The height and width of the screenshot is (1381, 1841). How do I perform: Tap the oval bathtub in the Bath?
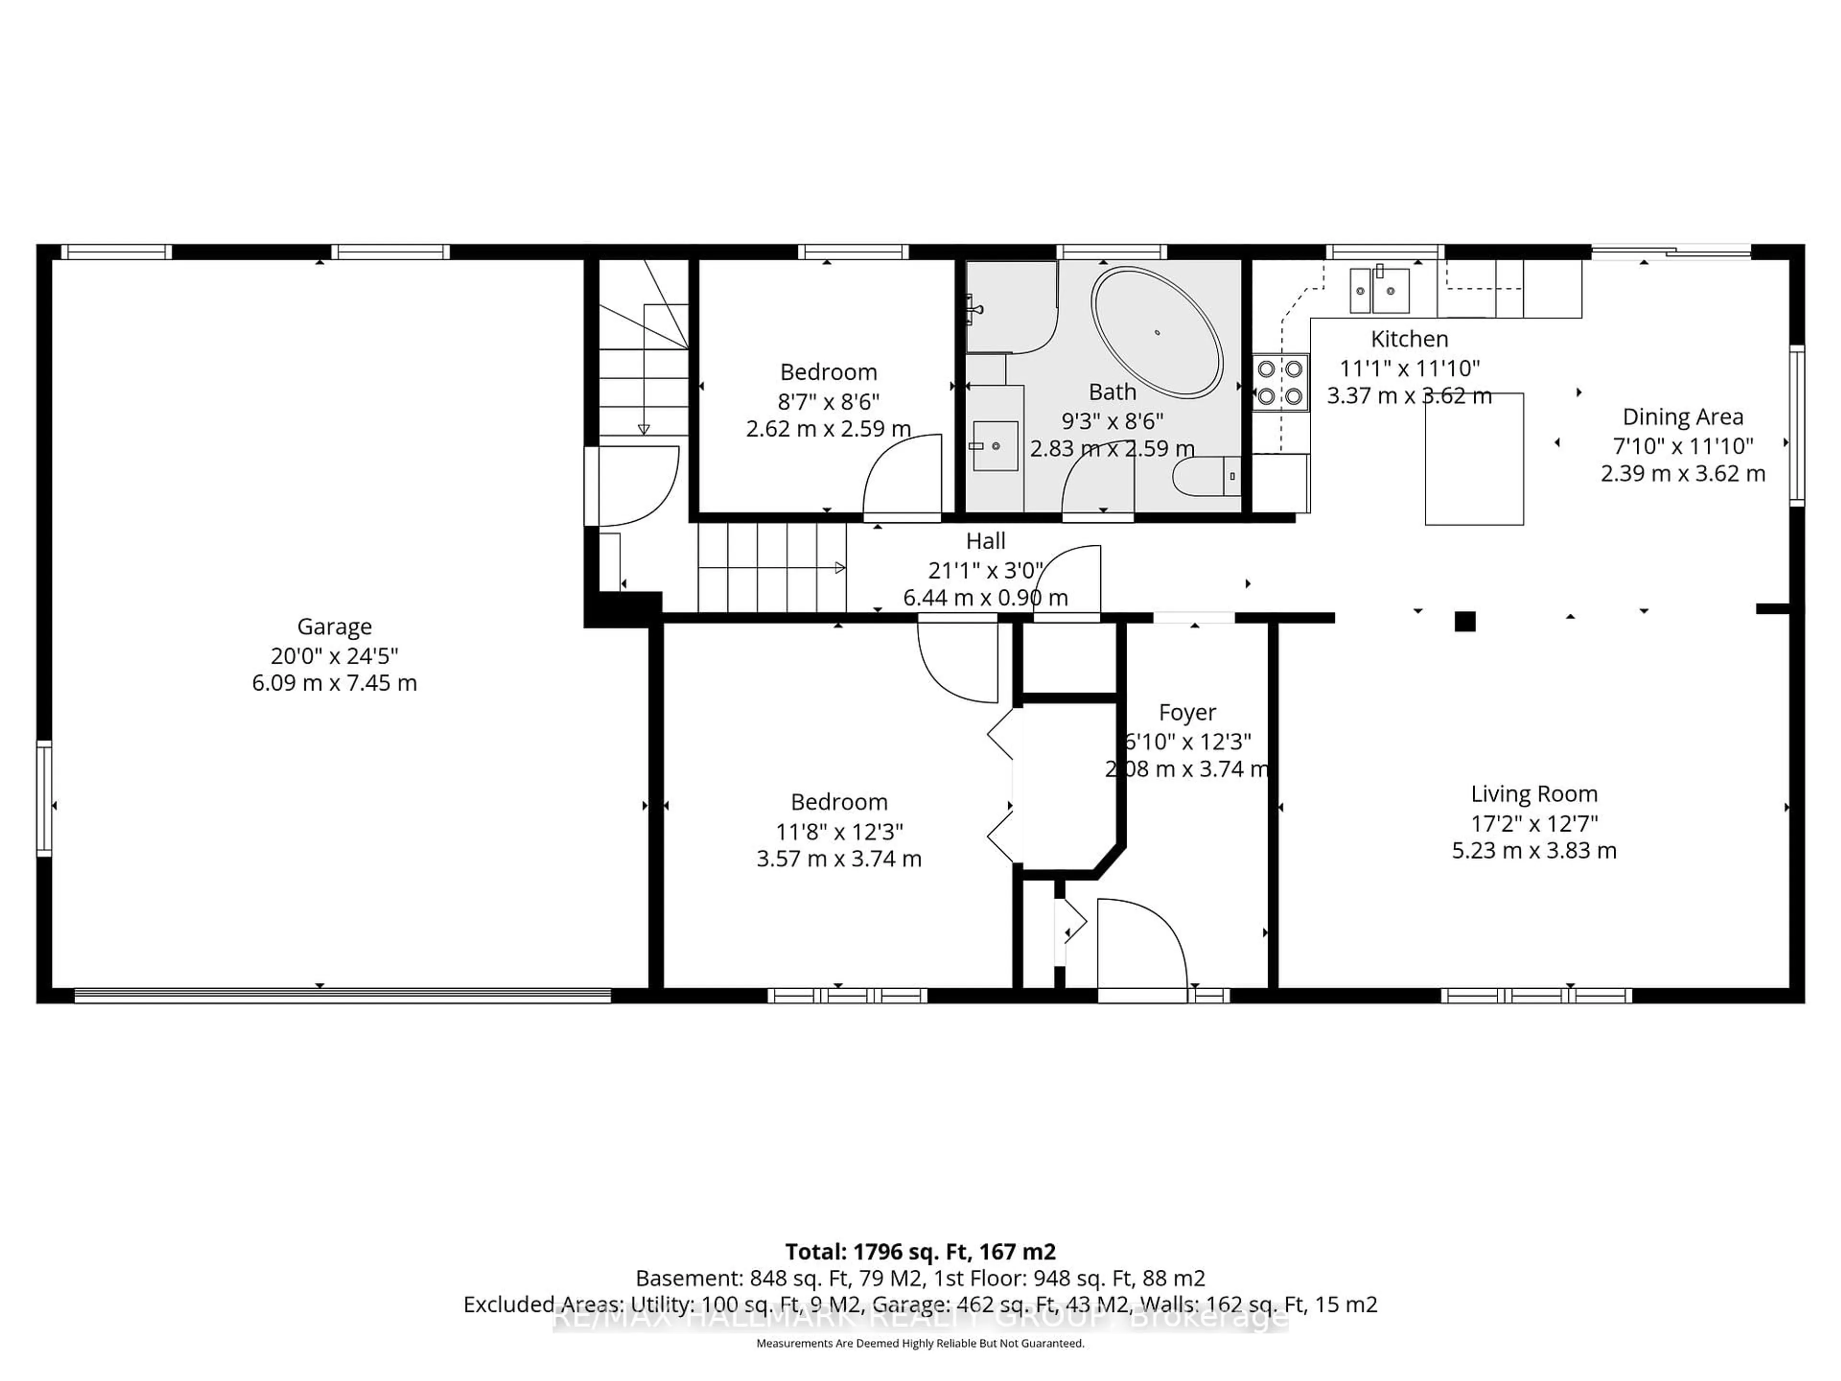pos(1157,333)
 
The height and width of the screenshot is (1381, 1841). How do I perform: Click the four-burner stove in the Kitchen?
pos(1280,382)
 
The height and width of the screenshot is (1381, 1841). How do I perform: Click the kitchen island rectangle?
pos(1474,459)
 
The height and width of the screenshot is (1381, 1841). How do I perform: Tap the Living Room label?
pos(1534,794)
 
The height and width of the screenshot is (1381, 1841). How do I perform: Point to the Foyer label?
pos(1187,713)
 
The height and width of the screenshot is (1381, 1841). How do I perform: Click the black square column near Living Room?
pos(1465,621)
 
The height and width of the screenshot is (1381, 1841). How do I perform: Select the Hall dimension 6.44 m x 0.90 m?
pos(985,597)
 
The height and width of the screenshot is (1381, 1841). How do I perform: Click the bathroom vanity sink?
pos(995,446)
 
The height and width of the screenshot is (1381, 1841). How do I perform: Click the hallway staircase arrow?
pos(840,568)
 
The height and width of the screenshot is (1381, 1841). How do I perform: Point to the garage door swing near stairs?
pos(637,487)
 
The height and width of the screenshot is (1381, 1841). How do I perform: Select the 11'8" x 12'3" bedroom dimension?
pos(839,831)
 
